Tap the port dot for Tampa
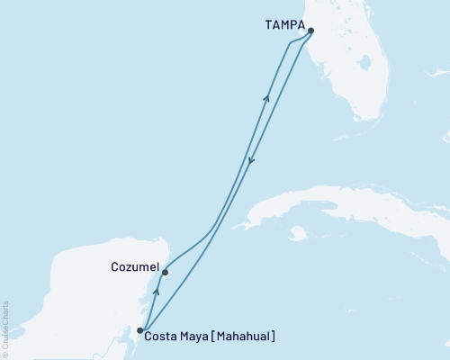click(310, 31)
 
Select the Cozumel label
click(135, 267)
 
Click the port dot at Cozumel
click(165, 272)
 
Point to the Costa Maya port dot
click(139, 330)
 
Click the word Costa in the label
click(163, 337)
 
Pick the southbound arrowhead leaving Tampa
click(250, 161)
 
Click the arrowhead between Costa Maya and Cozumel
click(157, 292)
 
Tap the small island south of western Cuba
click(299, 234)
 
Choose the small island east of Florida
click(446, 137)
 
